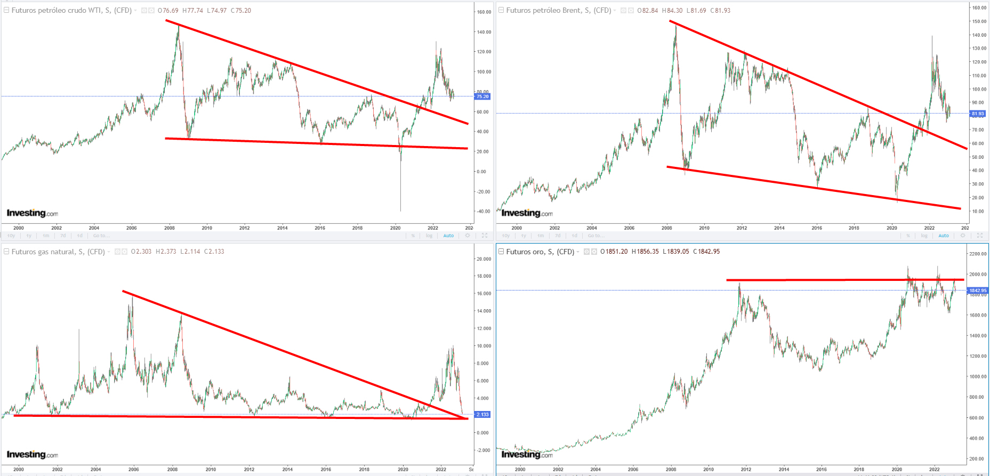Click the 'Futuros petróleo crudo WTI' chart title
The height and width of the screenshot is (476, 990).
coord(71,10)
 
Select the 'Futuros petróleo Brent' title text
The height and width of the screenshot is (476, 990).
coord(559,10)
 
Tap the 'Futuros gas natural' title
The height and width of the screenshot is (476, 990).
coord(58,252)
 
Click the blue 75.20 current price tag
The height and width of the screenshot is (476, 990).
coord(482,96)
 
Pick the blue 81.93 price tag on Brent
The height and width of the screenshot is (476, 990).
coord(978,114)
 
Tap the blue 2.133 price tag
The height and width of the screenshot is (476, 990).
coord(482,414)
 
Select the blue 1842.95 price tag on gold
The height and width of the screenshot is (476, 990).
coord(978,291)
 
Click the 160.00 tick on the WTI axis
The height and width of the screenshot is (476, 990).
coord(484,12)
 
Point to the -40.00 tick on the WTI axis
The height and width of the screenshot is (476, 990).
coord(484,212)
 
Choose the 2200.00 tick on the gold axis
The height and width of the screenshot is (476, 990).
coord(978,254)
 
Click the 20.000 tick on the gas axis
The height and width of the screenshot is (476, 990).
coord(484,259)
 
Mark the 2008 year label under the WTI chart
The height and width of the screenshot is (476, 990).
coord(169,228)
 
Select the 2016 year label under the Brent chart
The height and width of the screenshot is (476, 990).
coord(817,228)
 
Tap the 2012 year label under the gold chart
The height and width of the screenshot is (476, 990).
coord(746,470)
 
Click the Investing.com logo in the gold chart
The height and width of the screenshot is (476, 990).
coord(527,454)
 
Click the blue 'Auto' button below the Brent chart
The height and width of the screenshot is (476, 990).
coord(944,236)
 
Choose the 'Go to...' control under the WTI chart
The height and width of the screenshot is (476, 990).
coord(101,236)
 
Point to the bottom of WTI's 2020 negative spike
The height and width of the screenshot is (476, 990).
coord(400,210)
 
